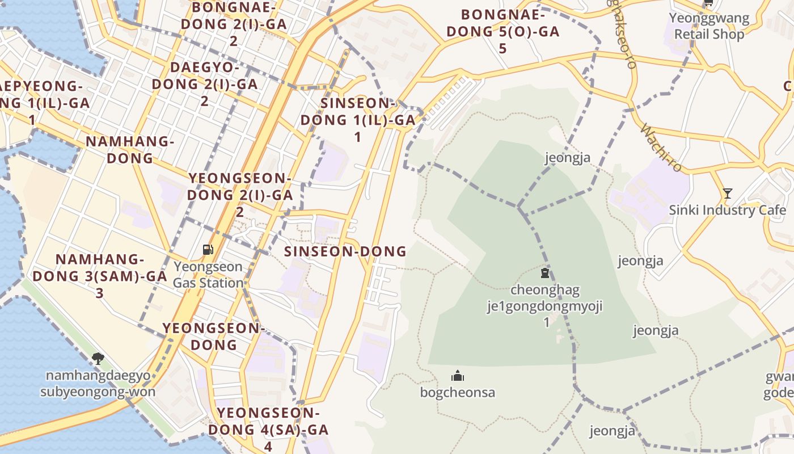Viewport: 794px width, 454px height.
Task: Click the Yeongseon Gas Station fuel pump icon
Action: pos(208,249)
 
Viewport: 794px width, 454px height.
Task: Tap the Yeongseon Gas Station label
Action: pos(208,275)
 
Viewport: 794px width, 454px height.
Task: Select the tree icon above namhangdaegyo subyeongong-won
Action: pos(98,358)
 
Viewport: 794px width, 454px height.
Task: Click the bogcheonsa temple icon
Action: pos(458,376)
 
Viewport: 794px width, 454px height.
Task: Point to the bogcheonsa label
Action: pos(458,392)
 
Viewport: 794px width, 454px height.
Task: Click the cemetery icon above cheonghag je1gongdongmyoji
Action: pos(545,274)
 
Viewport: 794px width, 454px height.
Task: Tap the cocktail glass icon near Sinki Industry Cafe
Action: pos(728,194)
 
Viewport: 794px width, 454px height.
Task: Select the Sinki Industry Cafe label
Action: pos(728,210)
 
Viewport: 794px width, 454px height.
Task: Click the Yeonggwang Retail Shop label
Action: pos(709,26)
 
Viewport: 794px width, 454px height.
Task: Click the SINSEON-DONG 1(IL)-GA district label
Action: pos(358,120)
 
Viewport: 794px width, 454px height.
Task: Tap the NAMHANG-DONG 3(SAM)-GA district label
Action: pos(100,276)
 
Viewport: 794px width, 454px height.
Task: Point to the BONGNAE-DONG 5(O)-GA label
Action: pos(503,31)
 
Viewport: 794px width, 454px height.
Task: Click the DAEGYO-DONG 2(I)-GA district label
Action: pos(205,84)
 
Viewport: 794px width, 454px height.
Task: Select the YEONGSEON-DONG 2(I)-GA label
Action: pos(240,195)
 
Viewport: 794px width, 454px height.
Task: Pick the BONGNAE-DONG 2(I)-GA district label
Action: pos(234,24)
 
